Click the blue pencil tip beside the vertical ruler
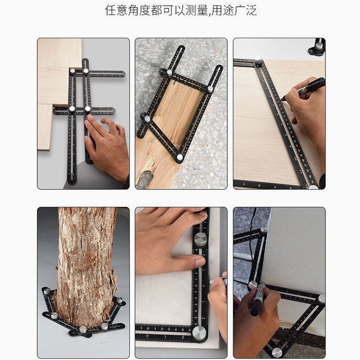click(x=212, y=282)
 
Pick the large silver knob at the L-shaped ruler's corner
click(x=199, y=333)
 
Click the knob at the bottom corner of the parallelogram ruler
click(x=180, y=157)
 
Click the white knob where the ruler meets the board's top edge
click(x=258, y=61)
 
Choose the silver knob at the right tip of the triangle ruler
click(x=321, y=298)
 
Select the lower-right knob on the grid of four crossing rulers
click(x=88, y=109)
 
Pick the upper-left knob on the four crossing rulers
click(x=72, y=71)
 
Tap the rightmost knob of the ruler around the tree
click(x=120, y=300)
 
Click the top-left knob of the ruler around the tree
click(x=47, y=292)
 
